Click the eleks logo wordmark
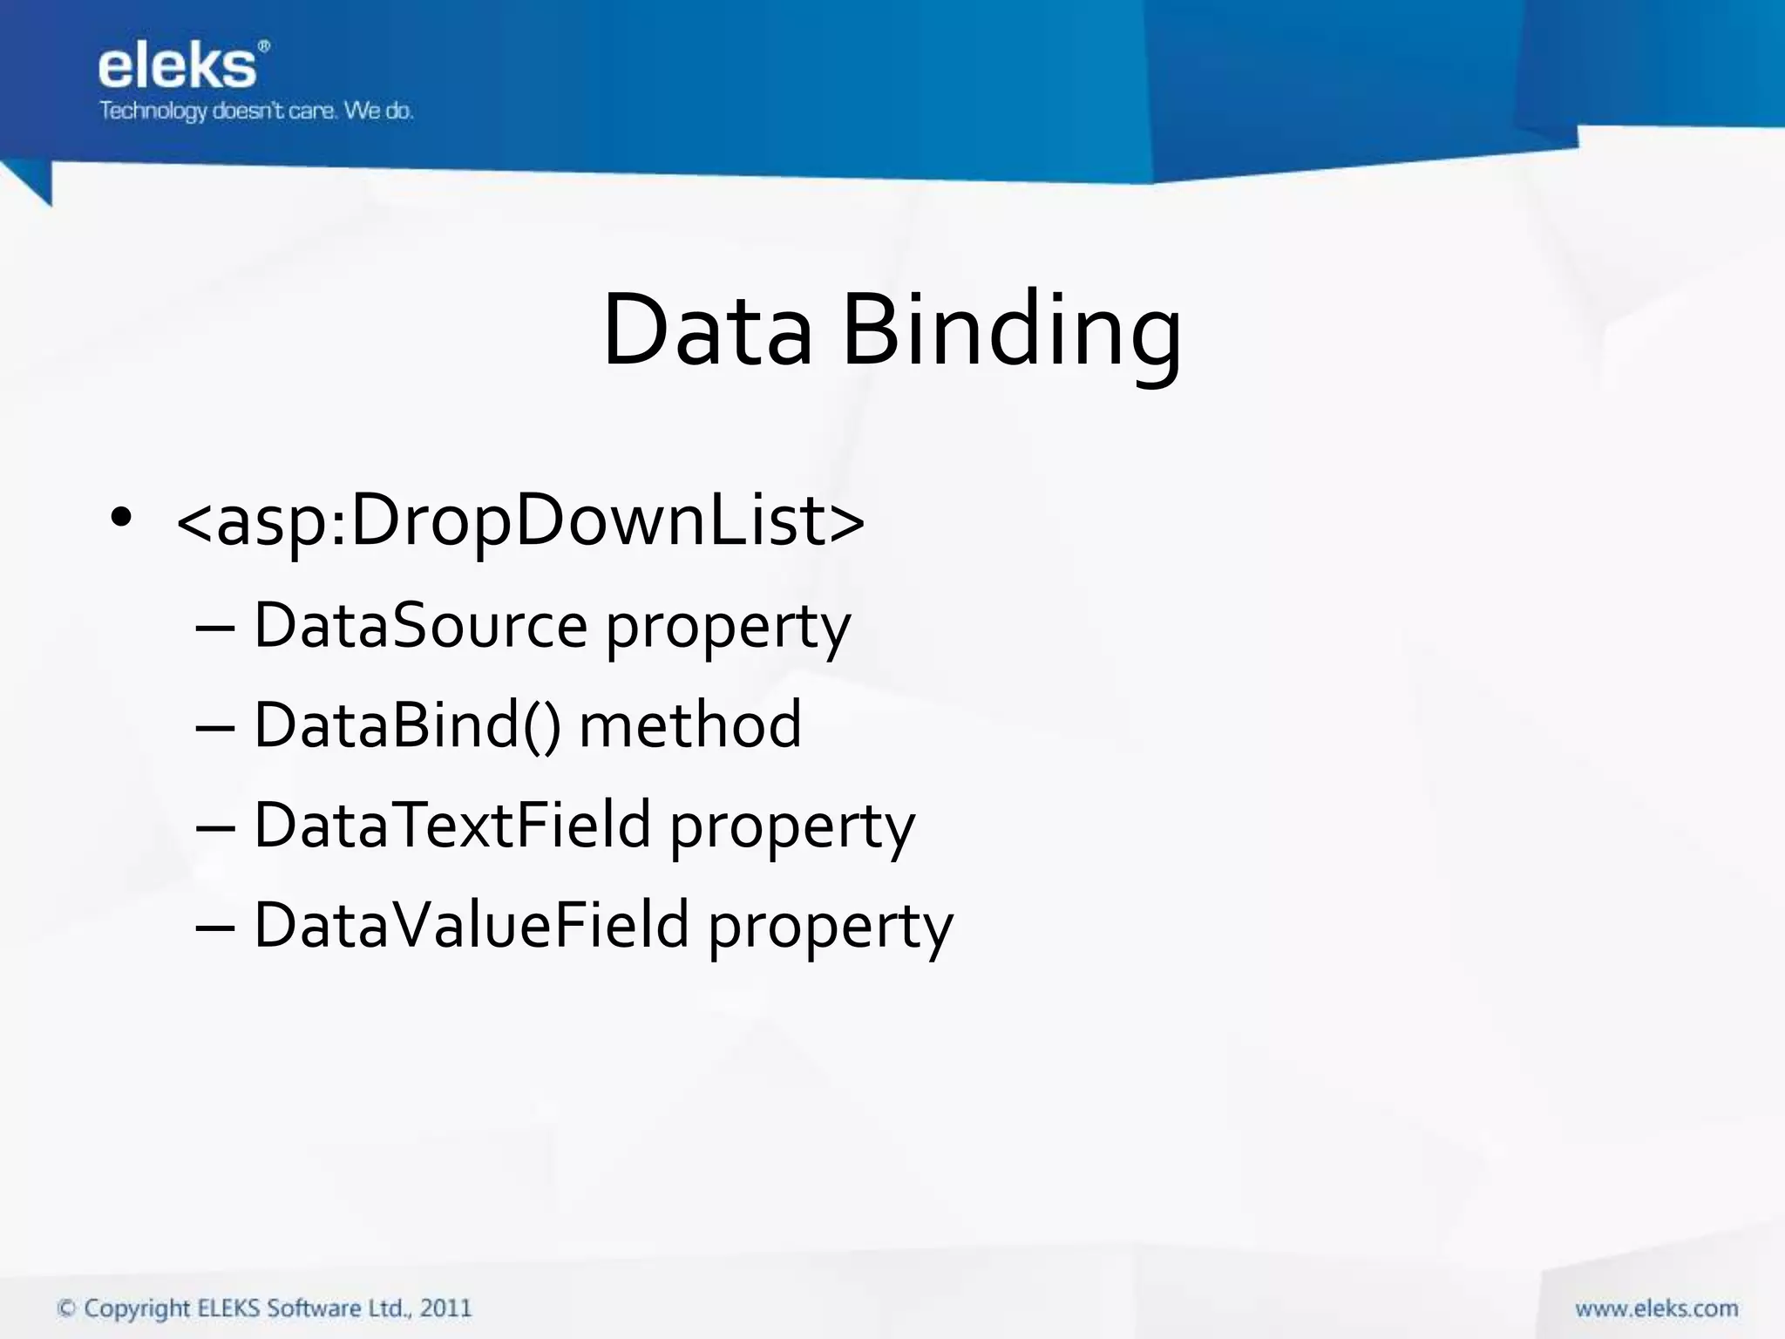(x=177, y=68)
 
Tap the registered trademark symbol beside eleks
(x=264, y=48)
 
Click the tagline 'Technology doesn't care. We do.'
(x=256, y=112)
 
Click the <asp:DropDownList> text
(x=520, y=521)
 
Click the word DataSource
(x=420, y=626)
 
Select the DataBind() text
(x=407, y=725)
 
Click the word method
(x=689, y=725)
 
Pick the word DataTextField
(x=452, y=825)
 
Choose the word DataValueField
(x=471, y=925)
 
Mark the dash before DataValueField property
(x=215, y=927)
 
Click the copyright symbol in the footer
(x=66, y=1308)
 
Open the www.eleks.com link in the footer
(x=1656, y=1308)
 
